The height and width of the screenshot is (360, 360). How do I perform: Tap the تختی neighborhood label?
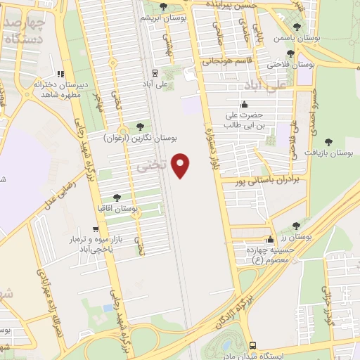click(x=151, y=166)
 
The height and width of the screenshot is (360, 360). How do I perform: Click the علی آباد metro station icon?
click(x=154, y=72)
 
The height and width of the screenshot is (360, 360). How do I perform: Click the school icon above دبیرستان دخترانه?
click(x=61, y=73)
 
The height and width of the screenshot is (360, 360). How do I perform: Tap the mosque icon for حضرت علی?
click(x=243, y=105)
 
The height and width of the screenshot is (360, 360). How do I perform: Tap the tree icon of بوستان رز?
click(x=296, y=226)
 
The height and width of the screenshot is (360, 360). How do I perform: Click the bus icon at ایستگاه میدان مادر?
click(x=252, y=345)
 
